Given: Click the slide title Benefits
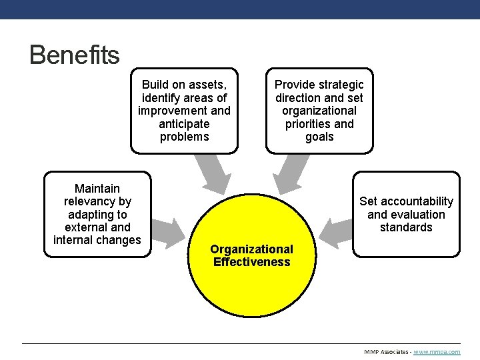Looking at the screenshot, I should pyautogui.click(x=74, y=55).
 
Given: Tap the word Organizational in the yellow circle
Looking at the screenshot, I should pyautogui.click(x=251, y=249).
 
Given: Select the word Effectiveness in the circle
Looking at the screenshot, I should pyautogui.click(x=251, y=262).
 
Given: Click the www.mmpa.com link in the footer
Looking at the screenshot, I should pyautogui.click(x=437, y=351).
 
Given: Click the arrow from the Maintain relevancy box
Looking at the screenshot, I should pyautogui.click(x=169, y=230).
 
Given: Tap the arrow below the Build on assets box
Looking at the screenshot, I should pyautogui.click(x=213, y=173).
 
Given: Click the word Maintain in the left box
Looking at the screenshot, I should pyautogui.click(x=97, y=189).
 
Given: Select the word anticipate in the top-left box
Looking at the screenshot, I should pyautogui.click(x=184, y=124).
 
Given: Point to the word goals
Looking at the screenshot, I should pyautogui.click(x=319, y=137).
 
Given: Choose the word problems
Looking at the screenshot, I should pyautogui.click(x=184, y=137).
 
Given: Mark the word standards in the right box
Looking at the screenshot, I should pyautogui.click(x=406, y=227).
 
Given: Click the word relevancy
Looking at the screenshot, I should pyautogui.click(x=97, y=201).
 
